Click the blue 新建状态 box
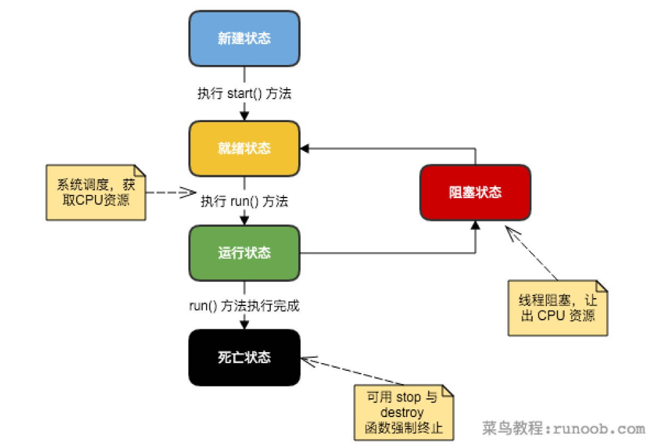click(x=244, y=38)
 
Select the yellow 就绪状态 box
click(x=244, y=148)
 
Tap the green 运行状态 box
click(x=244, y=253)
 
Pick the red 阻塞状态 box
click(x=476, y=192)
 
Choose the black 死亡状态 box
click(x=244, y=357)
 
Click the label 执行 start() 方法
click(x=244, y=94)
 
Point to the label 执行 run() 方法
click(x=244, y=201)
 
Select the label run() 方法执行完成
click(x=244, y=305)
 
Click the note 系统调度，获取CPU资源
click(x=95, y=193)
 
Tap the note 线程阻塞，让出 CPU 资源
click(x=557, y=307)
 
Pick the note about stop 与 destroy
click(x=403, y=413)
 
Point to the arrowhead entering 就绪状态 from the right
click(x=305, y=148)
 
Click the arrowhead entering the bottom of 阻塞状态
click(x=476, y=225)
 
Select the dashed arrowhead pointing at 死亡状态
click(x=307, y=359)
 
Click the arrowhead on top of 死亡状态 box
click(x=244, y=324)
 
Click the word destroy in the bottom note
click(x=403, y=413)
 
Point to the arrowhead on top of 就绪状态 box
click(x=244, y=116)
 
